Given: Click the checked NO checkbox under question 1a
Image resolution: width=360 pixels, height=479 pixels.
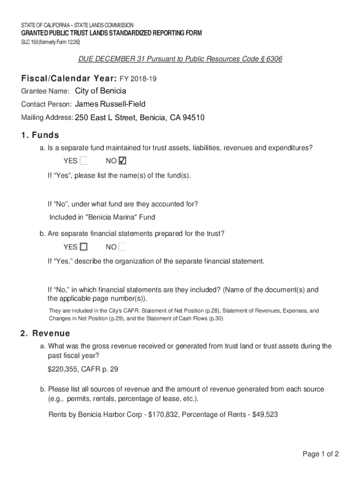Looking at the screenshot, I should (x=123, y=161).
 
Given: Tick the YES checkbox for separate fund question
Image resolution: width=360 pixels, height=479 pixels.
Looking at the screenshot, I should (x=84, y=161).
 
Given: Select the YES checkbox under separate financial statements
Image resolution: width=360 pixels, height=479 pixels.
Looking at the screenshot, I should (x=84, y=247).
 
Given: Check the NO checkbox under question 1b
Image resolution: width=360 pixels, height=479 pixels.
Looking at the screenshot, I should (x=123, y=247).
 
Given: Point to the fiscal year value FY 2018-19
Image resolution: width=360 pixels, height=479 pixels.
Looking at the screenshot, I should (x=138, y=80).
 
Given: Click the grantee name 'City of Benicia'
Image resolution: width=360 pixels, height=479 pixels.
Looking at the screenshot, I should (x=101, y=91).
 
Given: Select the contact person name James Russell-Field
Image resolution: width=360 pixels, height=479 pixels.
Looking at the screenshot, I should (x=110, y=104).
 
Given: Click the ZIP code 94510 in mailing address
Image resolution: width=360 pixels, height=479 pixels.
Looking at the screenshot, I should (x=194, y=117).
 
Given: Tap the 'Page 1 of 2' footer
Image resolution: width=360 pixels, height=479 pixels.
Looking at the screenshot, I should (x=320, y=454).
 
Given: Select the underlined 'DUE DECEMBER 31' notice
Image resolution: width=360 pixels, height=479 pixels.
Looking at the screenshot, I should (x=104, y=59).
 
